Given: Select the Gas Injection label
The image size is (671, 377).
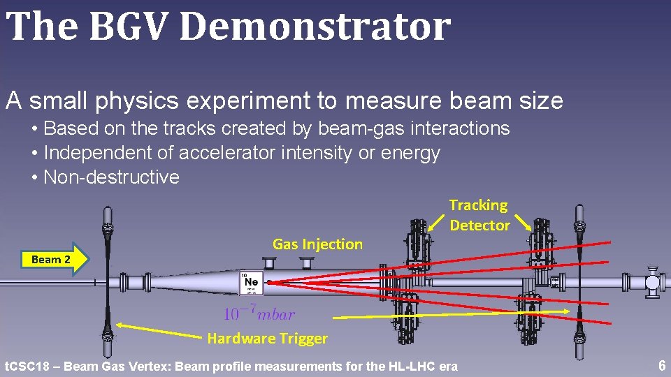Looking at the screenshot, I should [317, 244].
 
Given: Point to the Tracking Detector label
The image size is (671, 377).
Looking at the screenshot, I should [479, 215].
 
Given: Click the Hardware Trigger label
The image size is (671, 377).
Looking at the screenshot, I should [267, 339].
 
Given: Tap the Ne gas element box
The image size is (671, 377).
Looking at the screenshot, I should [251, 283].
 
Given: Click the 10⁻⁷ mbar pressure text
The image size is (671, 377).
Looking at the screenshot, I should [259, 314].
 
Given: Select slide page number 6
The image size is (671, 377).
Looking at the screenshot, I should [661, 366].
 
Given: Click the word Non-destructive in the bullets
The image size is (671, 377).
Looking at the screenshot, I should [111, 177].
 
